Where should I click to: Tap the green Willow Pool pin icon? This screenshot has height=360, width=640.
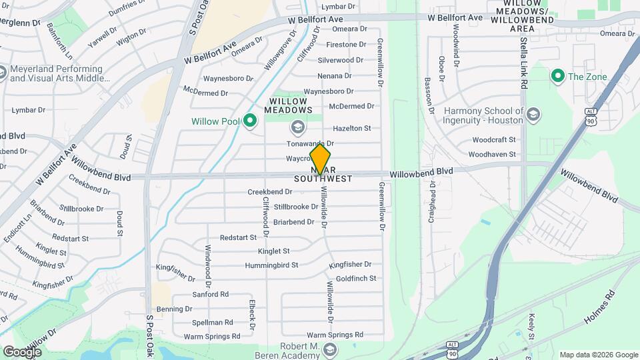(x=250, y=121)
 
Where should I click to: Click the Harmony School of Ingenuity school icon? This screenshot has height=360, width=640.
(x=532, y=115)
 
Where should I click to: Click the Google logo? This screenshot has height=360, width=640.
(x=23, y=351)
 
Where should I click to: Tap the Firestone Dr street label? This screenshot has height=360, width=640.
(x=346, y=45)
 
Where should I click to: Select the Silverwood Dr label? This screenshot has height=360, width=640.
(x=341, y=60)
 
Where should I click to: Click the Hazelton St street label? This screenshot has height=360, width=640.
(x=351, y=128)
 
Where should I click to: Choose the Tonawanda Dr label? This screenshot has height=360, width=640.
(x=310, y=143)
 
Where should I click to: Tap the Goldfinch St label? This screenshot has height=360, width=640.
(x=356, y=278)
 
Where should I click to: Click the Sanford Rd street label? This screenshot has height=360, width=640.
(x=210, y=294)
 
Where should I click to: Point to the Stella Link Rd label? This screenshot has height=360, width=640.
(x=524, y=63)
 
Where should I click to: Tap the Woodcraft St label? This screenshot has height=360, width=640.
(x=494, y=140)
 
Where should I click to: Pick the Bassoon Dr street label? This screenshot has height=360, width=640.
(x=429, y=95)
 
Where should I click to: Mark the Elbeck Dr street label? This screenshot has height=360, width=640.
(x=253, y=313)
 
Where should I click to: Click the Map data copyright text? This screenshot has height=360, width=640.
(x=598, y=355)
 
